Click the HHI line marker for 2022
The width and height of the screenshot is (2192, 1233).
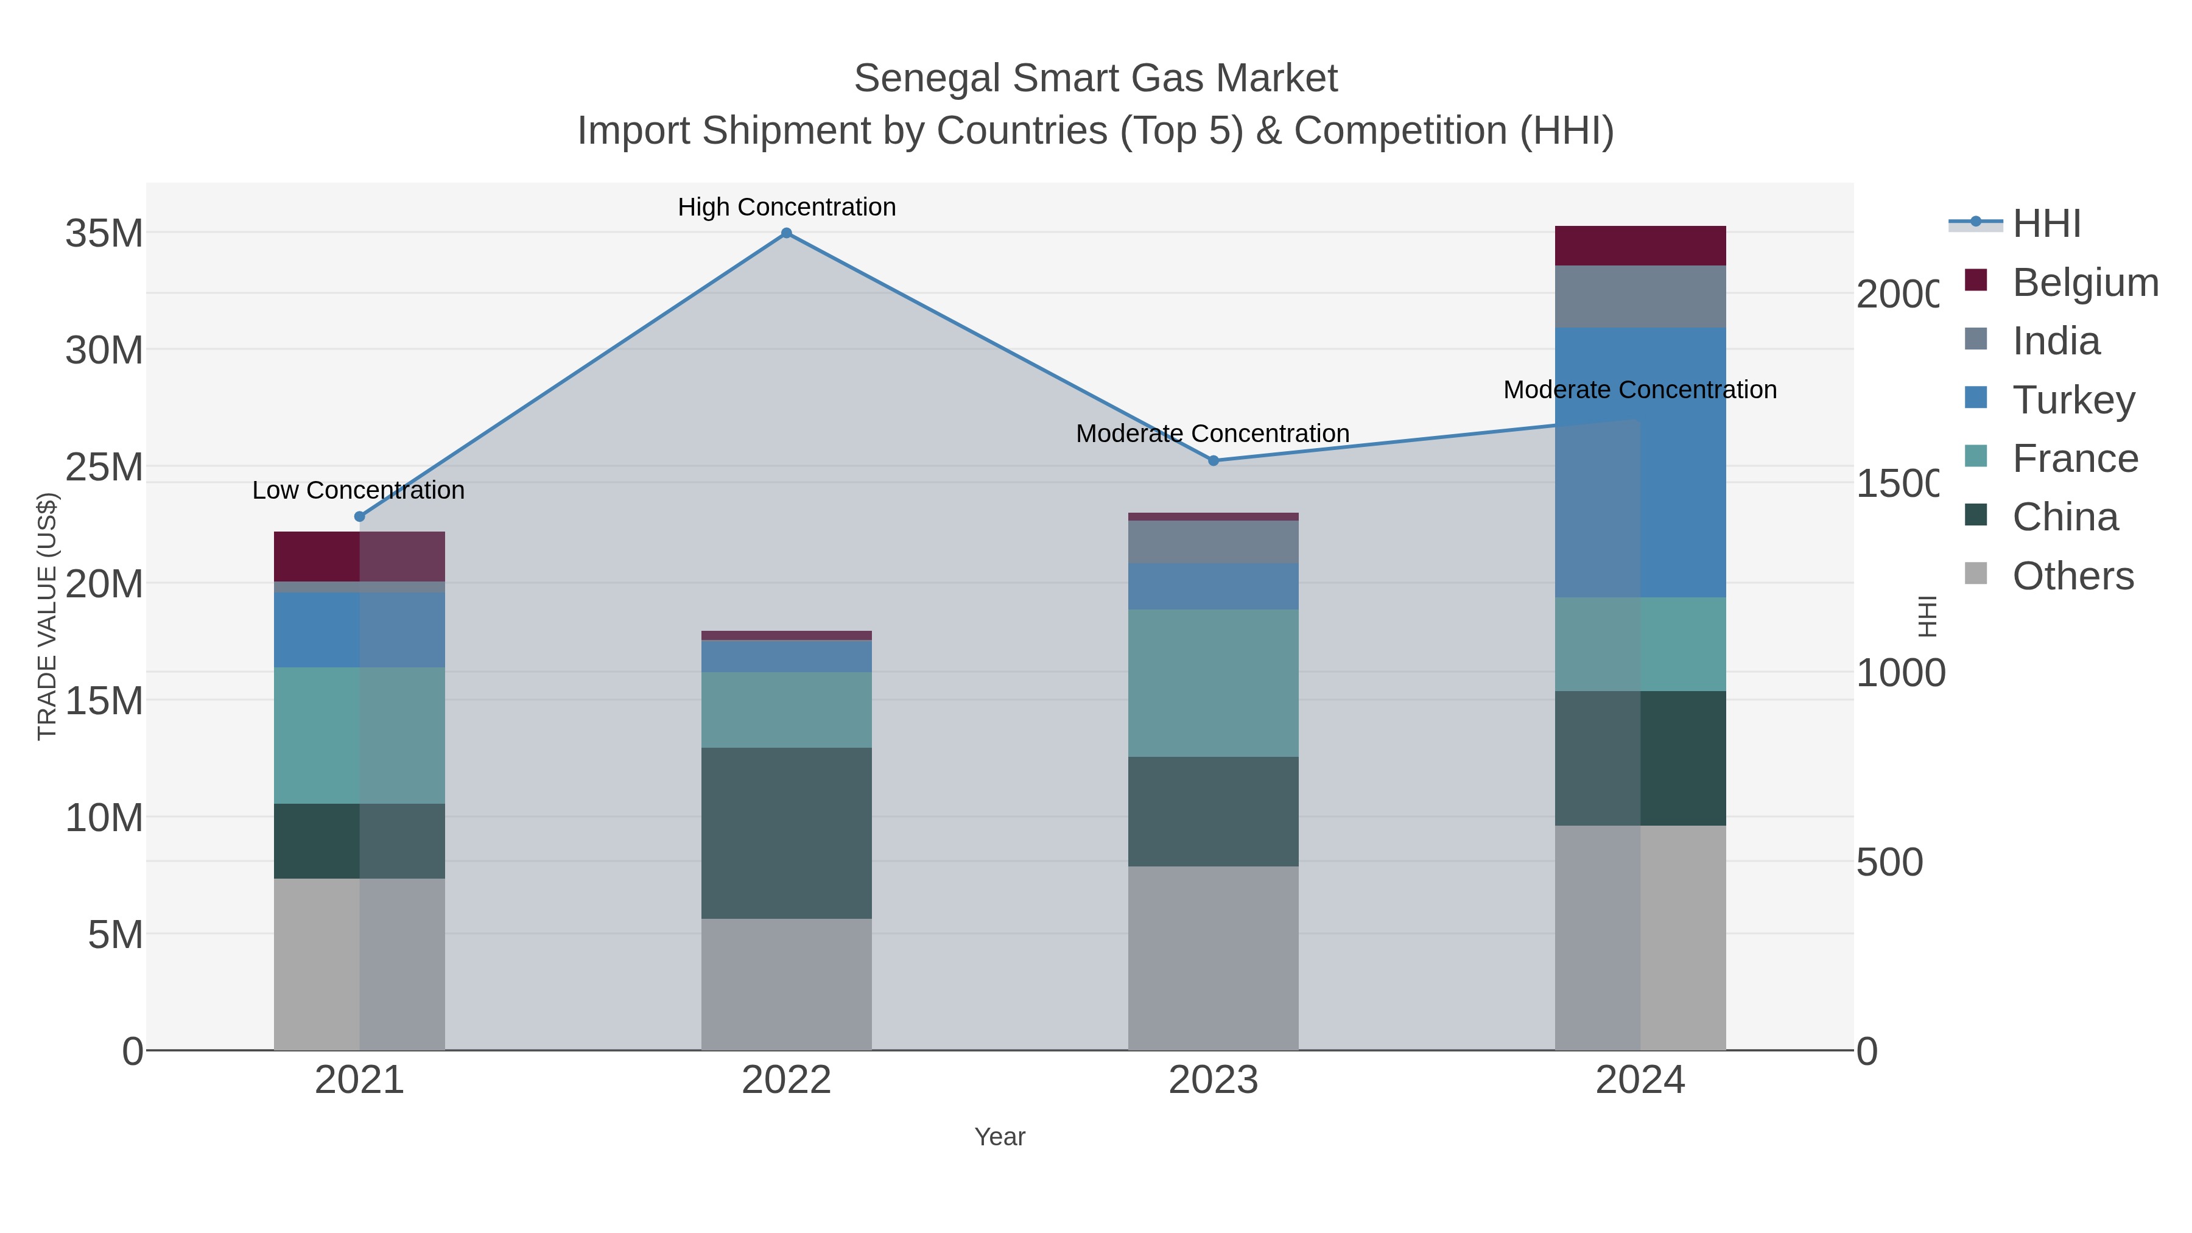coord(786,233)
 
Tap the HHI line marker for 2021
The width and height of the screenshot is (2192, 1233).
coord(359,516)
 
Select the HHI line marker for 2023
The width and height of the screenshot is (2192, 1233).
coord(1214,460)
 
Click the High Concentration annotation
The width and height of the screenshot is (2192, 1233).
coord(786,207)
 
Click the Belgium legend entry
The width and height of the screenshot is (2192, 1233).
coord(2085,283)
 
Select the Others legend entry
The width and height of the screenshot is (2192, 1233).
coord(2072,576)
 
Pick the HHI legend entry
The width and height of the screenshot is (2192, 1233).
coord(2046,224)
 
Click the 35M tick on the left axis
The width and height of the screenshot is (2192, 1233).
coord(104,233)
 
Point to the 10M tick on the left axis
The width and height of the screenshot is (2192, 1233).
coord(104,818)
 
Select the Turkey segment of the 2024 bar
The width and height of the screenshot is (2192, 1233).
coord(1640,462)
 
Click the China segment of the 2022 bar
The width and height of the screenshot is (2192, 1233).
coord(786,832)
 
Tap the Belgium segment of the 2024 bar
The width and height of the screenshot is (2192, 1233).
coord(1640,246)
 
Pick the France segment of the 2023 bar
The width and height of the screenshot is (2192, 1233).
coord(1214,683)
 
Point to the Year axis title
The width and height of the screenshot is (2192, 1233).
coord(1000,1137)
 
